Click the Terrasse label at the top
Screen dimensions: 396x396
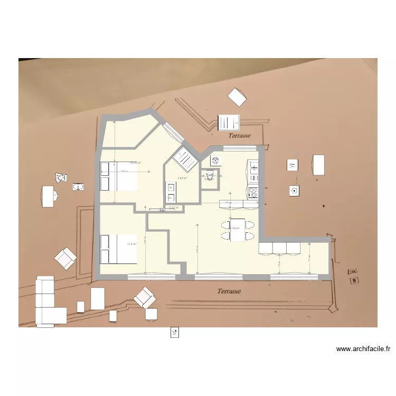click(x=239, y=136)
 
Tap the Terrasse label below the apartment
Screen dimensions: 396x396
click(x=229, y=291)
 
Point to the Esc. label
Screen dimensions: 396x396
click(x=352, y=271)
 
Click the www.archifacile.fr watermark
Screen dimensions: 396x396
click(x=363, y=349)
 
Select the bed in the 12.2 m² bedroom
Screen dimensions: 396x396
click(x=118, y=248)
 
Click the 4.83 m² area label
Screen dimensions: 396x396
click(x=183, y=178)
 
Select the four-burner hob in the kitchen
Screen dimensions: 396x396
click(x=253, y=193)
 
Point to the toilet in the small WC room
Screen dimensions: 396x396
click(x=210, y=176)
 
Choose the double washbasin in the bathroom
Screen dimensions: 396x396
click(x=171, y=192)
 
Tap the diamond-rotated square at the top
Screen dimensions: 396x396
click(x=237, y=97)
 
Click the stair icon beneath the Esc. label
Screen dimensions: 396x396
click(x=355, y=281)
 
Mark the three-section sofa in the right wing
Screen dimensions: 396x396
click(x=279, y=248)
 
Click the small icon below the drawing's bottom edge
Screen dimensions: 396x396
click(x=175, y=332)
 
